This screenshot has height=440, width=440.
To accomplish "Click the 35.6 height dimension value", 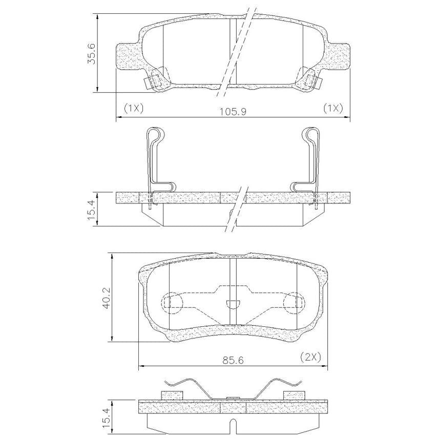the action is coord(92,54).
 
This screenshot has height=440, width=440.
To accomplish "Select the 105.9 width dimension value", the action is coord(233,112).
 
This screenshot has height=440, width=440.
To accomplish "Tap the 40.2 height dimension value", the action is coord(107,298).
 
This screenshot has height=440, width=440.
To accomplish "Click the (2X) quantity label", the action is coord(310,357).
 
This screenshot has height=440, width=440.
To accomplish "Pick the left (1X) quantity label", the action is coord(134,108).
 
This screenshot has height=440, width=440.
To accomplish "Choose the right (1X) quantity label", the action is coord(333,108).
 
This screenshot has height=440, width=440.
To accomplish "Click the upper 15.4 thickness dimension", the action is coord(92,209).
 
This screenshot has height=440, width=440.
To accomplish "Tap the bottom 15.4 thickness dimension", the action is coord(107,420).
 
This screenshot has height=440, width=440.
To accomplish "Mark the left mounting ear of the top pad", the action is coord(128,56).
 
